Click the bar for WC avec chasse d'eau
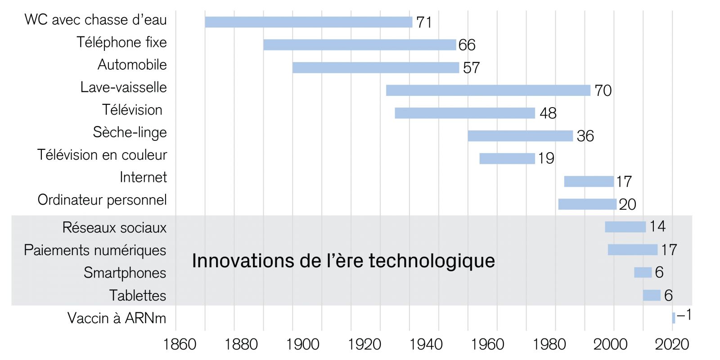[308, 22]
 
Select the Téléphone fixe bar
[360, 45]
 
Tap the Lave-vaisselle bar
[488, 90]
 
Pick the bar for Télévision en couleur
[507, 158]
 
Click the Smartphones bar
[643, 272]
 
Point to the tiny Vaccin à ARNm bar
[673, 318]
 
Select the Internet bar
[589, 181]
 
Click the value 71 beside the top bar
[424, 22]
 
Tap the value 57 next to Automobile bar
[471, 68]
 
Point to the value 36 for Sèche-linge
[585, 136]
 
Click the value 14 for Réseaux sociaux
[657, 226]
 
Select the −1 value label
[684, 315]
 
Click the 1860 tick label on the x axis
[180, 344]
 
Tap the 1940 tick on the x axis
[426, 344]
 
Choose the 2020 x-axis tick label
[672, 344]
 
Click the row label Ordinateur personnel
[102, 200]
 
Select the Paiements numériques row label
[95, 250]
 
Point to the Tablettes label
[137, 296]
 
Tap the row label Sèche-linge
[130, 132]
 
